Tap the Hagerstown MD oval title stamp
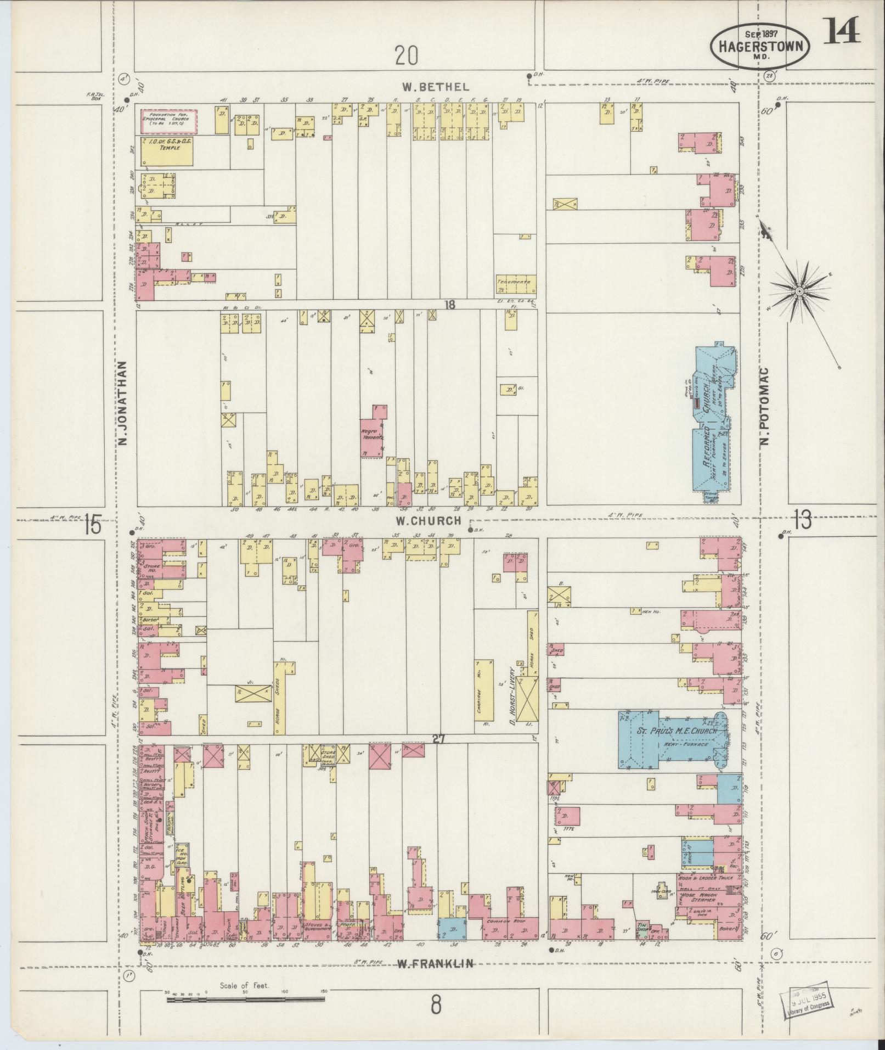[760, 47]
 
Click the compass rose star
[799, 290]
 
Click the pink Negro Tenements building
[373, 437]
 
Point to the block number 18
[450, 305]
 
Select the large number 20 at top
[405, 55]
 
